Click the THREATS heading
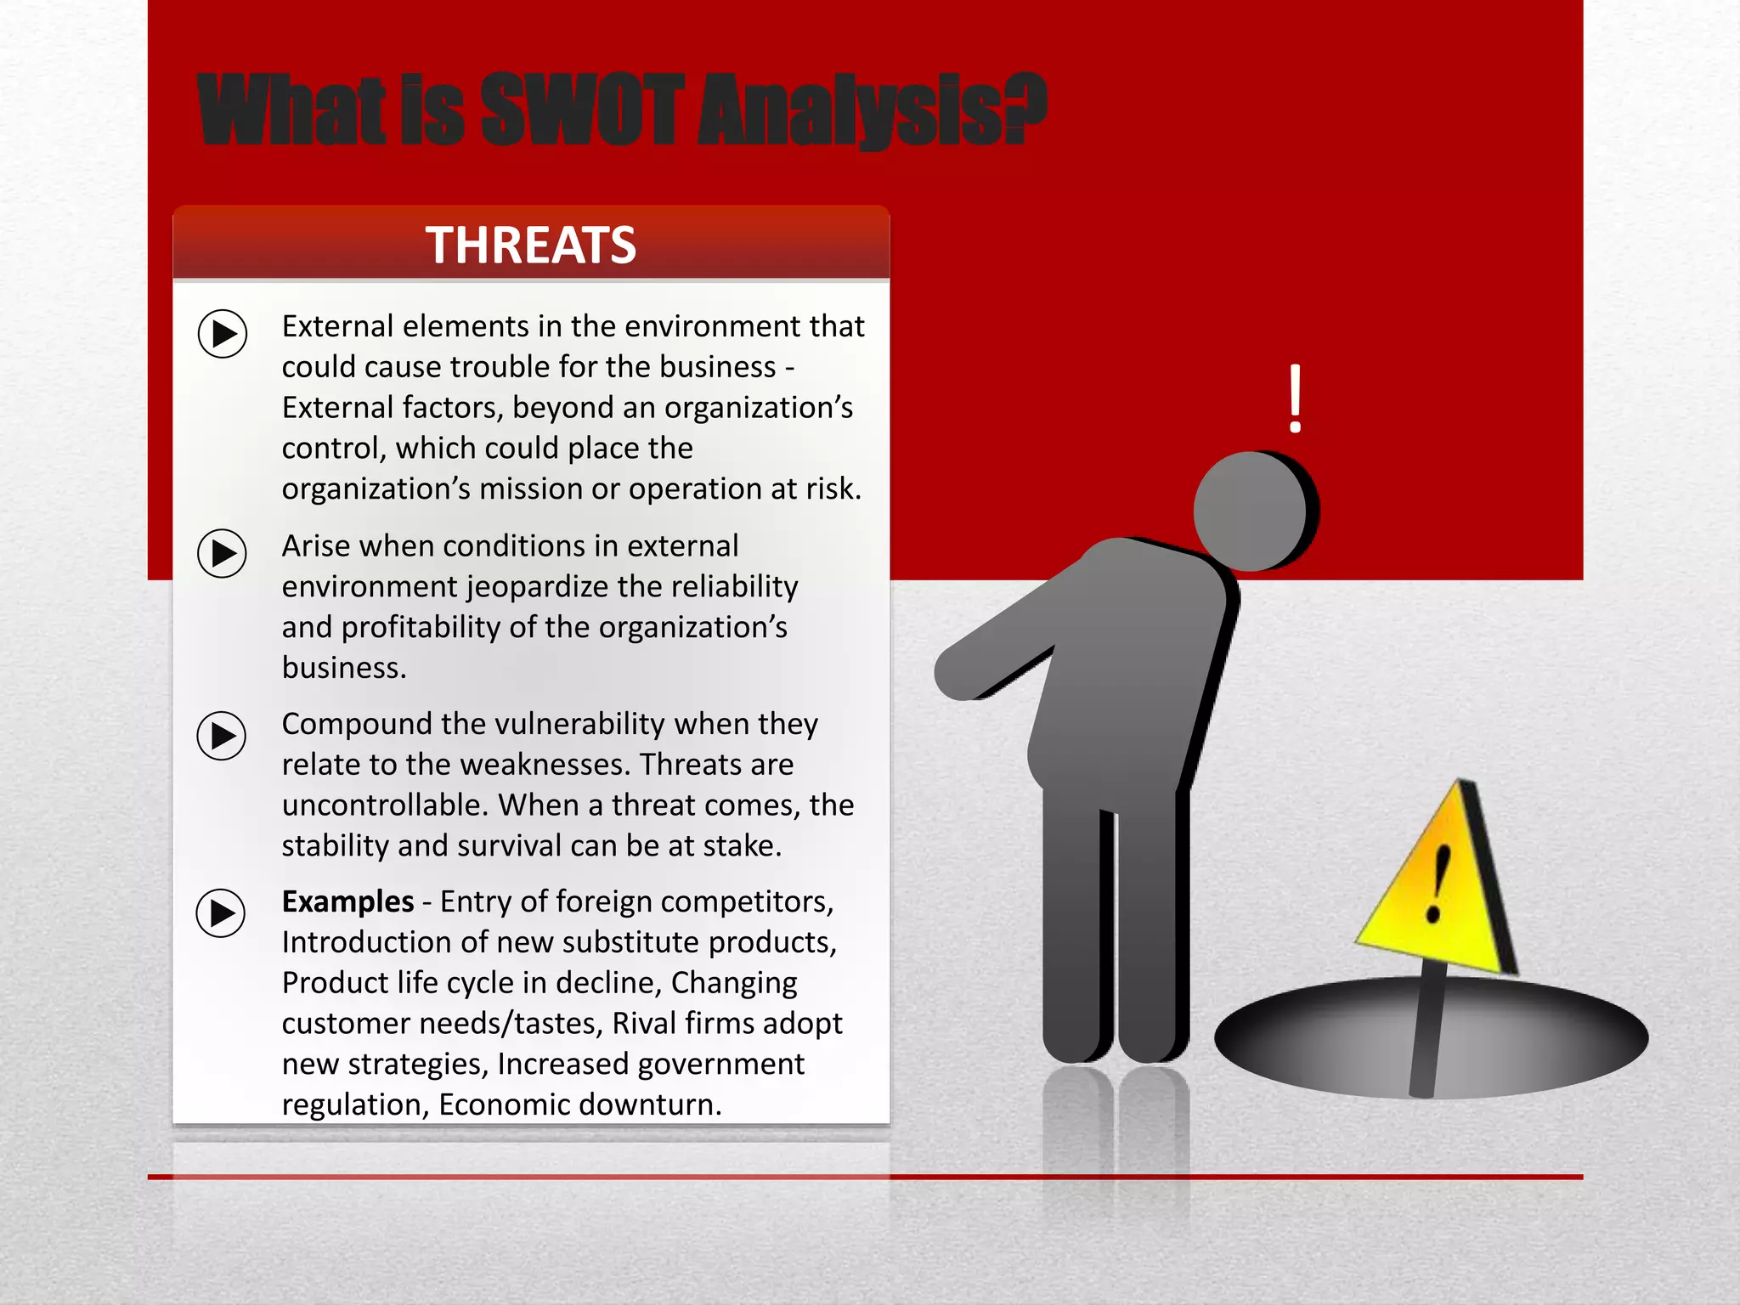tap(531, 246)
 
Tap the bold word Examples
tap(347, 901)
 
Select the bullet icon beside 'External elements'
tap(223, 333)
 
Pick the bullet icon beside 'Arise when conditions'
tap(222, 553)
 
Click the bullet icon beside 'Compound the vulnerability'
tap(222, 736)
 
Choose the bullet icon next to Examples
tap(221, 913)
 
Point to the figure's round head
tap(1251, 510)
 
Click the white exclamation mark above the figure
tap(1295, 398)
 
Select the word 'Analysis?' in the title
tap(872, 110)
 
